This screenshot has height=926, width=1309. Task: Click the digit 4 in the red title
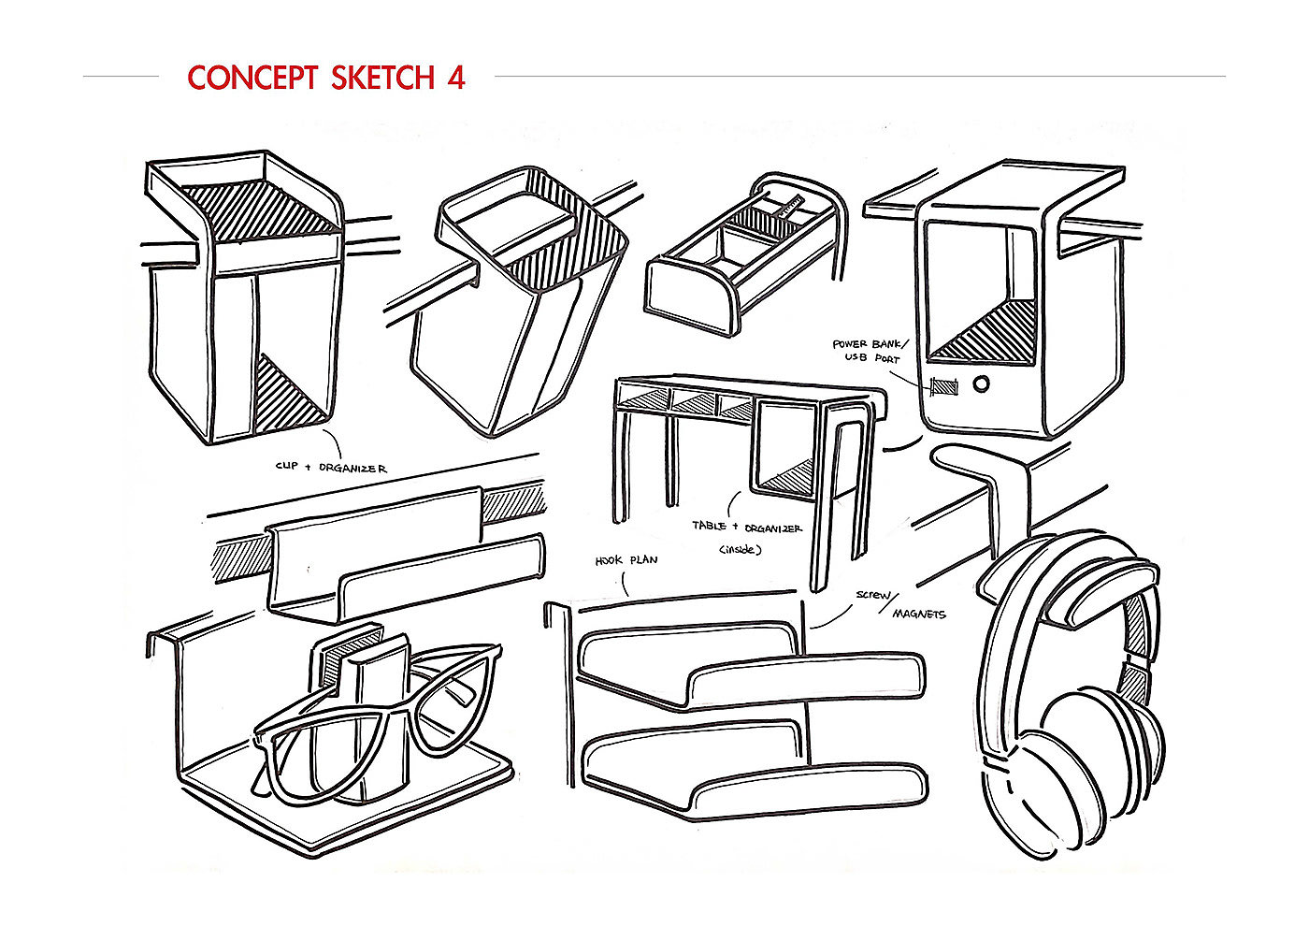point(453,78)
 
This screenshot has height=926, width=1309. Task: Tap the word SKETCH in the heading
point(381,78)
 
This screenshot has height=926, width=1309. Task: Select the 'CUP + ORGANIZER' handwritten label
point(331,467)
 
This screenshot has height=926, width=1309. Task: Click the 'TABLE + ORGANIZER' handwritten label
point(746,527)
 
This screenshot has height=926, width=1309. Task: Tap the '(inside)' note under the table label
point(741,550)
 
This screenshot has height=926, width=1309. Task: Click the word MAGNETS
point(918,614)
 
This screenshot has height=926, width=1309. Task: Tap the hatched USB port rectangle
point(945,385)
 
